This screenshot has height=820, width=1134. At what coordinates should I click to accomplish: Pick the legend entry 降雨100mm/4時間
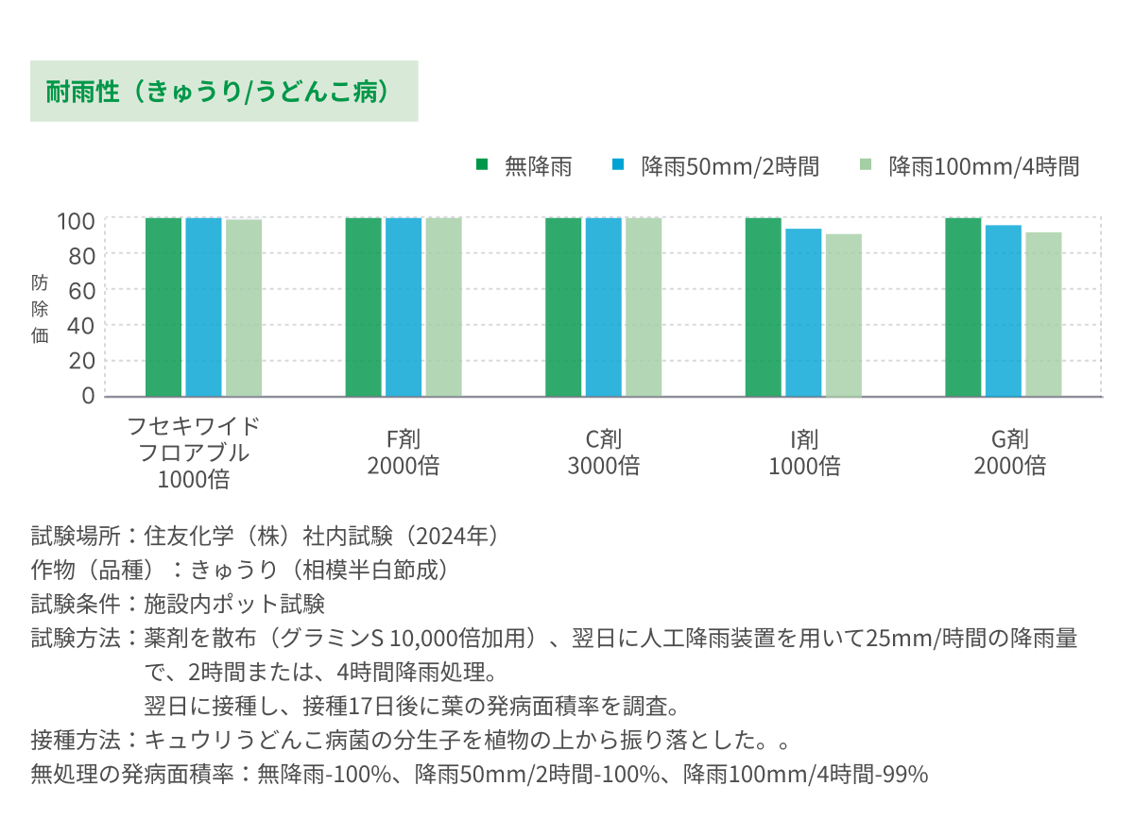[983, 167]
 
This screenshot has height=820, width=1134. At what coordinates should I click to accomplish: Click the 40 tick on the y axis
[81, 325]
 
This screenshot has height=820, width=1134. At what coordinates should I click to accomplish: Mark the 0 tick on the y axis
[88, 396]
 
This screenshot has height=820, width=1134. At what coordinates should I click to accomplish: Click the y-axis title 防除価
[40, 308]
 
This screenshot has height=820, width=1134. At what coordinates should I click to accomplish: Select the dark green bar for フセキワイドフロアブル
[163, 307]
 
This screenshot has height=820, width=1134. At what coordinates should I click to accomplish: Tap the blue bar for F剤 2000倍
[404, 307]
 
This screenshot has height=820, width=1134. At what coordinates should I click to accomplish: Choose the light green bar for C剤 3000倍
[644, 307]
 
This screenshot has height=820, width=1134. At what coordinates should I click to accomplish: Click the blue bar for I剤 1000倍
[803, 313]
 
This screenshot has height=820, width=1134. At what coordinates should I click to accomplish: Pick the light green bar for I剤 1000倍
[844, 316]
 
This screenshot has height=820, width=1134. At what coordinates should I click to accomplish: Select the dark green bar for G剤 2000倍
[963, 307]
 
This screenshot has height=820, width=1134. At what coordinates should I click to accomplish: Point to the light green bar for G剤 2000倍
[1043, 315]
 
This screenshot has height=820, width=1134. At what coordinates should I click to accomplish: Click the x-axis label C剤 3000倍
[603, 452]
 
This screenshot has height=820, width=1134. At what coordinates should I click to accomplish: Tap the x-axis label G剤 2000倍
[1009, 452]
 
